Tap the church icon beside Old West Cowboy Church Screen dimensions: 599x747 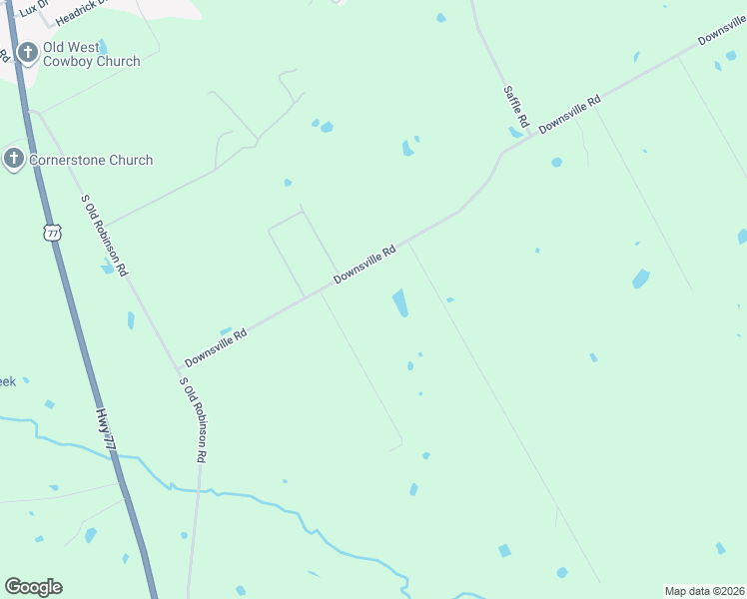[27, 53]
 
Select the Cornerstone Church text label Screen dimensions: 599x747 [91, 160]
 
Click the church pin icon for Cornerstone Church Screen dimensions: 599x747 [14, 159]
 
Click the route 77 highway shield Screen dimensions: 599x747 [53, 233]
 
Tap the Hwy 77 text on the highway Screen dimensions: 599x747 [108, 432]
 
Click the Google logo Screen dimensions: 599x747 [33, 587]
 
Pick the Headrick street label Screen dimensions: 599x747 [85, 13]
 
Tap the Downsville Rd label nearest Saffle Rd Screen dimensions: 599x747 [570, 114]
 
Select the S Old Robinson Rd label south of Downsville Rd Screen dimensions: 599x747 [193, 419]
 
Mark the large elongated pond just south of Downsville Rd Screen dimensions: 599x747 [400, 303]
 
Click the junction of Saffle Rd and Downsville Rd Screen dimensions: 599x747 [501, 154]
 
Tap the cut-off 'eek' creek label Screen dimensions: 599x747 [7, 381]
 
